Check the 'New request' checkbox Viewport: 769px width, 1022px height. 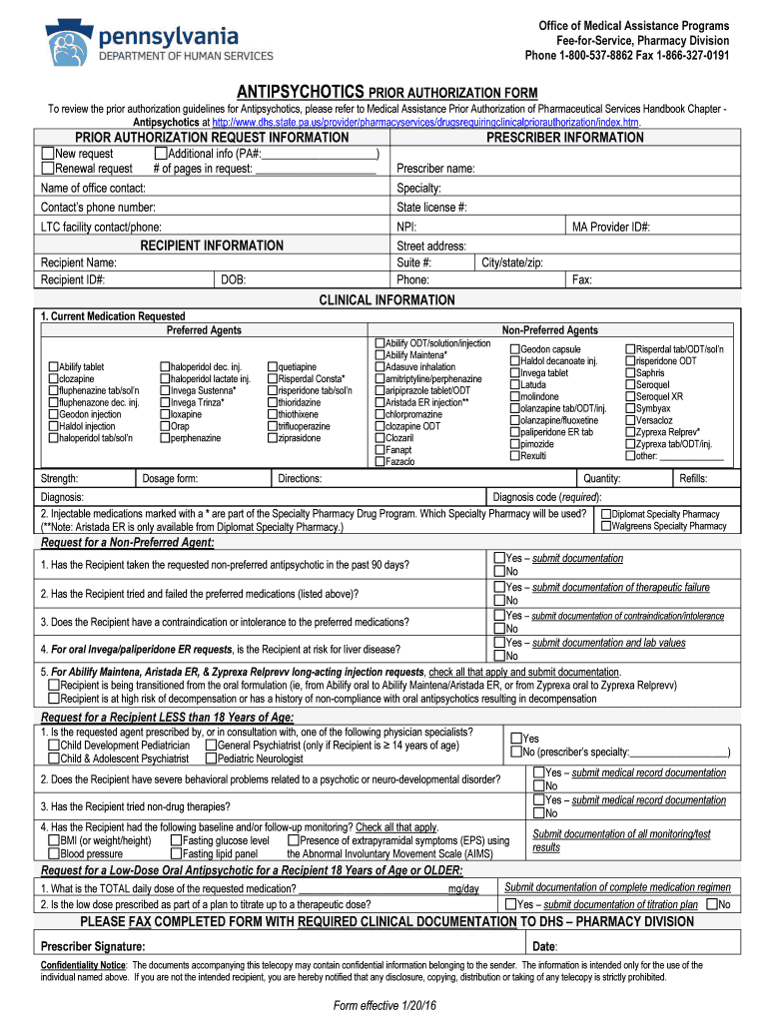pos(47,154)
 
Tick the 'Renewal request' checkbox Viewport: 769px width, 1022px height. pos(47,168)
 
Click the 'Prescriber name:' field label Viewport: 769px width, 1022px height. pos(435,169)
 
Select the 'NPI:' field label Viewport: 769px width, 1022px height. pos(406,227)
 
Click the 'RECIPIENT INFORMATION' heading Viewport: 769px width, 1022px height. pos(212,245)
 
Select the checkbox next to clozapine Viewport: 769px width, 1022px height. pos(52,379)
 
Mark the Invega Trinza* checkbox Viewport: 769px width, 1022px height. pos(165,402)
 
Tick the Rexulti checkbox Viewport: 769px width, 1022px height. pos(515,455)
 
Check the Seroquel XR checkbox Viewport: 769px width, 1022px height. pos(630,396)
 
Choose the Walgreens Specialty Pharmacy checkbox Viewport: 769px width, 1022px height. pos(605,525)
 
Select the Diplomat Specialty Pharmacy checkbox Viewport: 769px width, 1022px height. pos(605,514)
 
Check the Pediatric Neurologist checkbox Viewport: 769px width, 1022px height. pos(210,759)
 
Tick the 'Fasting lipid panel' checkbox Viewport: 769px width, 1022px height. pos(176,853)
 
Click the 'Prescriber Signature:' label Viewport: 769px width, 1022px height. pos(92,946)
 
